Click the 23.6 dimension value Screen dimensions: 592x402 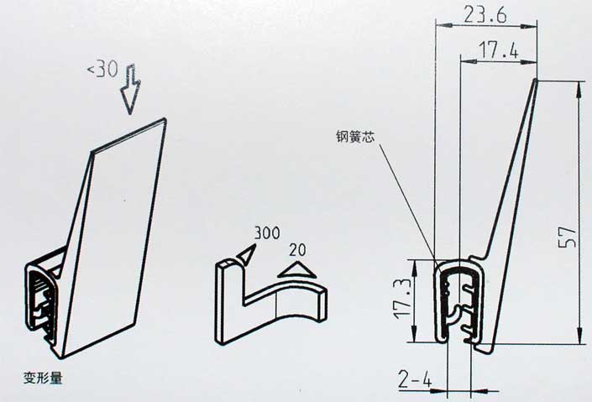coord(485,15)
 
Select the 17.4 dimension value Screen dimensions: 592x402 coord(498,50)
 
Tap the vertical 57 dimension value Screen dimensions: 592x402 coord(568,237)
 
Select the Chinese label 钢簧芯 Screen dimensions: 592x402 coord(355,137)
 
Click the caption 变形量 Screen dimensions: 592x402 coord(43,378)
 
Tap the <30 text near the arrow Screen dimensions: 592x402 coord(103,70)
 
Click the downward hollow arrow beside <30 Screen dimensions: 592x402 coord(130,90)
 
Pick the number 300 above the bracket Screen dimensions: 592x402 coord(267,233)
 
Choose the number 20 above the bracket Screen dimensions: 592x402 coord(298,250)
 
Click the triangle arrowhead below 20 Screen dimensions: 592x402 coord(296,271)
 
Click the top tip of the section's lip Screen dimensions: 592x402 coord(536,79)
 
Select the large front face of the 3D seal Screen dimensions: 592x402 coord(114,238)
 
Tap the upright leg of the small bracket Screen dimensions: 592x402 coord(229,301)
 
